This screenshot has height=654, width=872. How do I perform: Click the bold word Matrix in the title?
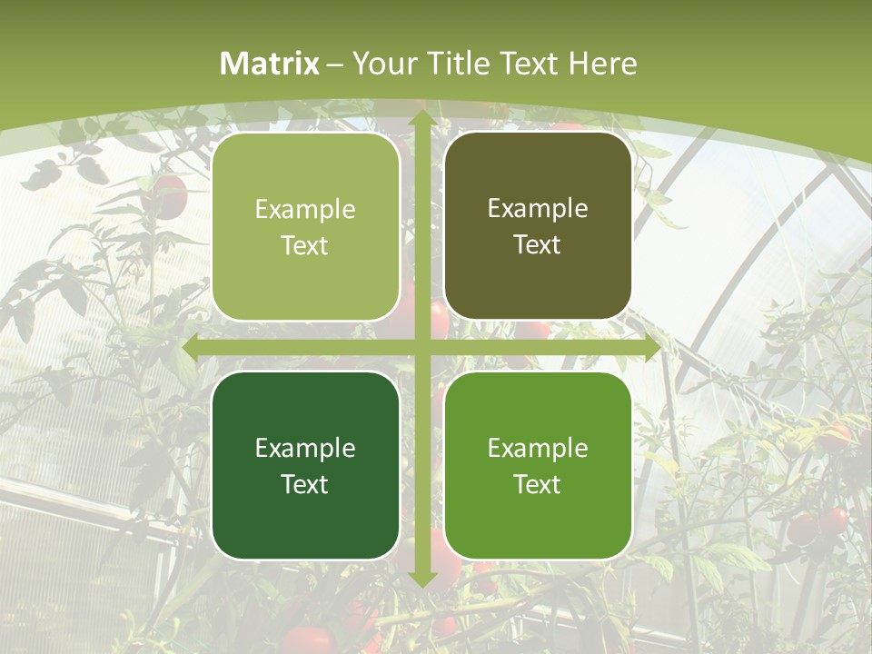(x=270, y=64)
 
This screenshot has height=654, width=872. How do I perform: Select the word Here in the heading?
(x=602, y=64)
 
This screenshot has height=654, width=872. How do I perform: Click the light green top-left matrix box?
(x=305, y=227)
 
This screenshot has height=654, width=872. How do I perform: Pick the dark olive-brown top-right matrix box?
(x=538, y=226)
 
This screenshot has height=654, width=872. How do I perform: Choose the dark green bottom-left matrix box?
(x=305, y=466)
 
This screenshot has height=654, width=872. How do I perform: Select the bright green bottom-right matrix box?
(x=538, y=466)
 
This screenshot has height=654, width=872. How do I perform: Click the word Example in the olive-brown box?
(x=538, y=208)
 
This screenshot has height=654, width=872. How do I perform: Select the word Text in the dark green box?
(x=305, y=484)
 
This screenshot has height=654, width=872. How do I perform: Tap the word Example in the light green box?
(x=305, y=209)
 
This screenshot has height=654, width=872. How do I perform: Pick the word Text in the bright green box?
(x=538, y=484)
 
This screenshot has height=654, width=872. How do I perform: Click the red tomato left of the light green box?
(x=169, y=195)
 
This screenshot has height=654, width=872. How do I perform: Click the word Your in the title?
(x=380, y=64)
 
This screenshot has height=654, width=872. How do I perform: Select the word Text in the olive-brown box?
(x=538, y=245)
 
